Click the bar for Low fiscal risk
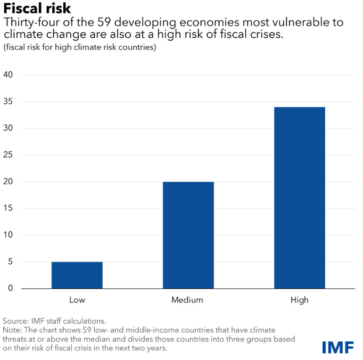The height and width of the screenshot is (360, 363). [77, 275]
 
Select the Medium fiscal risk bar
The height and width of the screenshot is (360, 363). [188, 235]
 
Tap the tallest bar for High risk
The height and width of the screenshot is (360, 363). [299, 198]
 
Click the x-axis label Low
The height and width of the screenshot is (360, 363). [77, 300]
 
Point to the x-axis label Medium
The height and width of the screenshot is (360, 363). [187, 300]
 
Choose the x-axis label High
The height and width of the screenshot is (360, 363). [299, 300]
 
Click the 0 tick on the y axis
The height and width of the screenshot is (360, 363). [10, 289]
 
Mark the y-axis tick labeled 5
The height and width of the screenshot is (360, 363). [10, 262]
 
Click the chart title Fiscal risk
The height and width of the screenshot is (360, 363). [37, 9]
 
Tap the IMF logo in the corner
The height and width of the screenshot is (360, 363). [338, 347]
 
